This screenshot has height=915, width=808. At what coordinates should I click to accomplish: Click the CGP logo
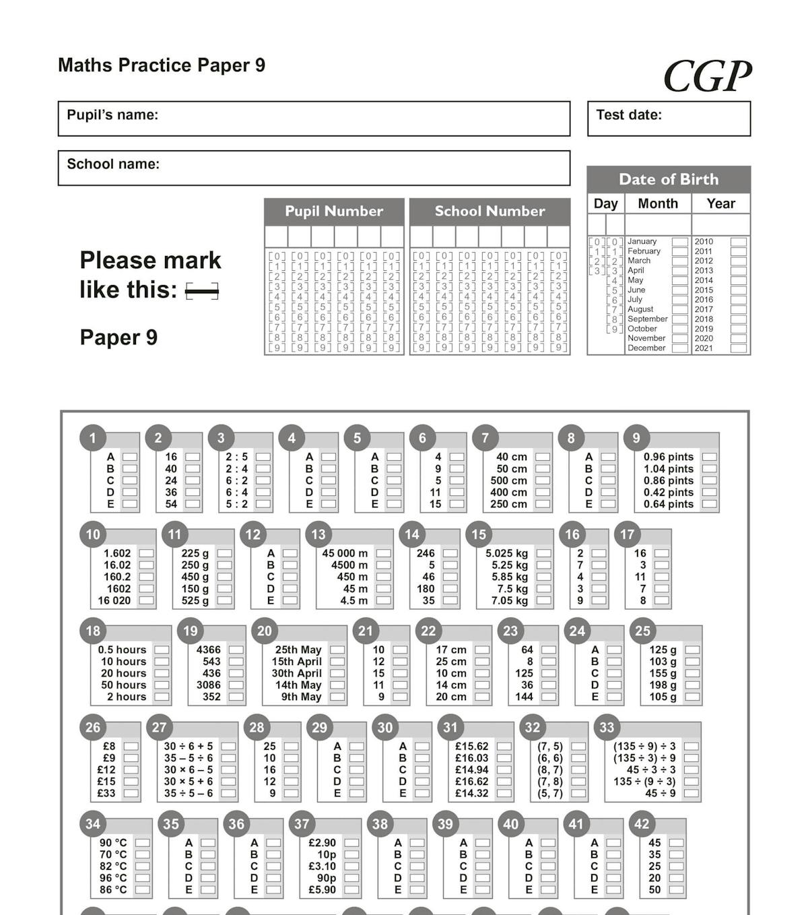click(x=707, y=75)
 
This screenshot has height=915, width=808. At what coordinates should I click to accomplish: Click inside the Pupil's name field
click(x=314, y=119)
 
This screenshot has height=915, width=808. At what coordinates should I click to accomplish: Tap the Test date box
click(x=669, y=119)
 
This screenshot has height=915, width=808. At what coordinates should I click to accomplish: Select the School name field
click(x=314, y=168)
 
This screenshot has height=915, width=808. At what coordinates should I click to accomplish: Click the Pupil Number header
click(x=334, y=211)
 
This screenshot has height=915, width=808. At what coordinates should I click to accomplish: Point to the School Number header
click(x=490, y=211)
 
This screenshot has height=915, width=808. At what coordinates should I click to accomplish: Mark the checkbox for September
click(x=680, y=319)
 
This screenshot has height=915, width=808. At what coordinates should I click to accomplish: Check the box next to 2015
click(x=739, y=290)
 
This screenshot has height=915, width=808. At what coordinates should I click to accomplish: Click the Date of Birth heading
click(x=669, y=179)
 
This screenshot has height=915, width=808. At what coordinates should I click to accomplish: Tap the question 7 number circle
click(x=485, y=438)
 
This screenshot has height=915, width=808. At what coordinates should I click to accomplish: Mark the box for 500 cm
click(x=542, y=480)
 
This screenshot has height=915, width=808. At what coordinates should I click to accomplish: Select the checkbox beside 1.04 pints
click(x=709, y=469)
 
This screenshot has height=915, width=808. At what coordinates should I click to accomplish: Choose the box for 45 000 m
click(x=383, y=553)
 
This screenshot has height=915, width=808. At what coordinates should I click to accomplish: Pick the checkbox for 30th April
click(x=337, y=673)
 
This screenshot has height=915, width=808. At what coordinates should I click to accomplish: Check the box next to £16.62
click(x=504, y=782)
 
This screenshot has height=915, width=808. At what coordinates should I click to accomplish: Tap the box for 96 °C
click(x=142, y=878)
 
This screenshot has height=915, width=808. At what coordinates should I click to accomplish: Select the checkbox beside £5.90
click(x=351, y=889)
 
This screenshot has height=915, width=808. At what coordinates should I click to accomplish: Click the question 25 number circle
click(x=643, y=631)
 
